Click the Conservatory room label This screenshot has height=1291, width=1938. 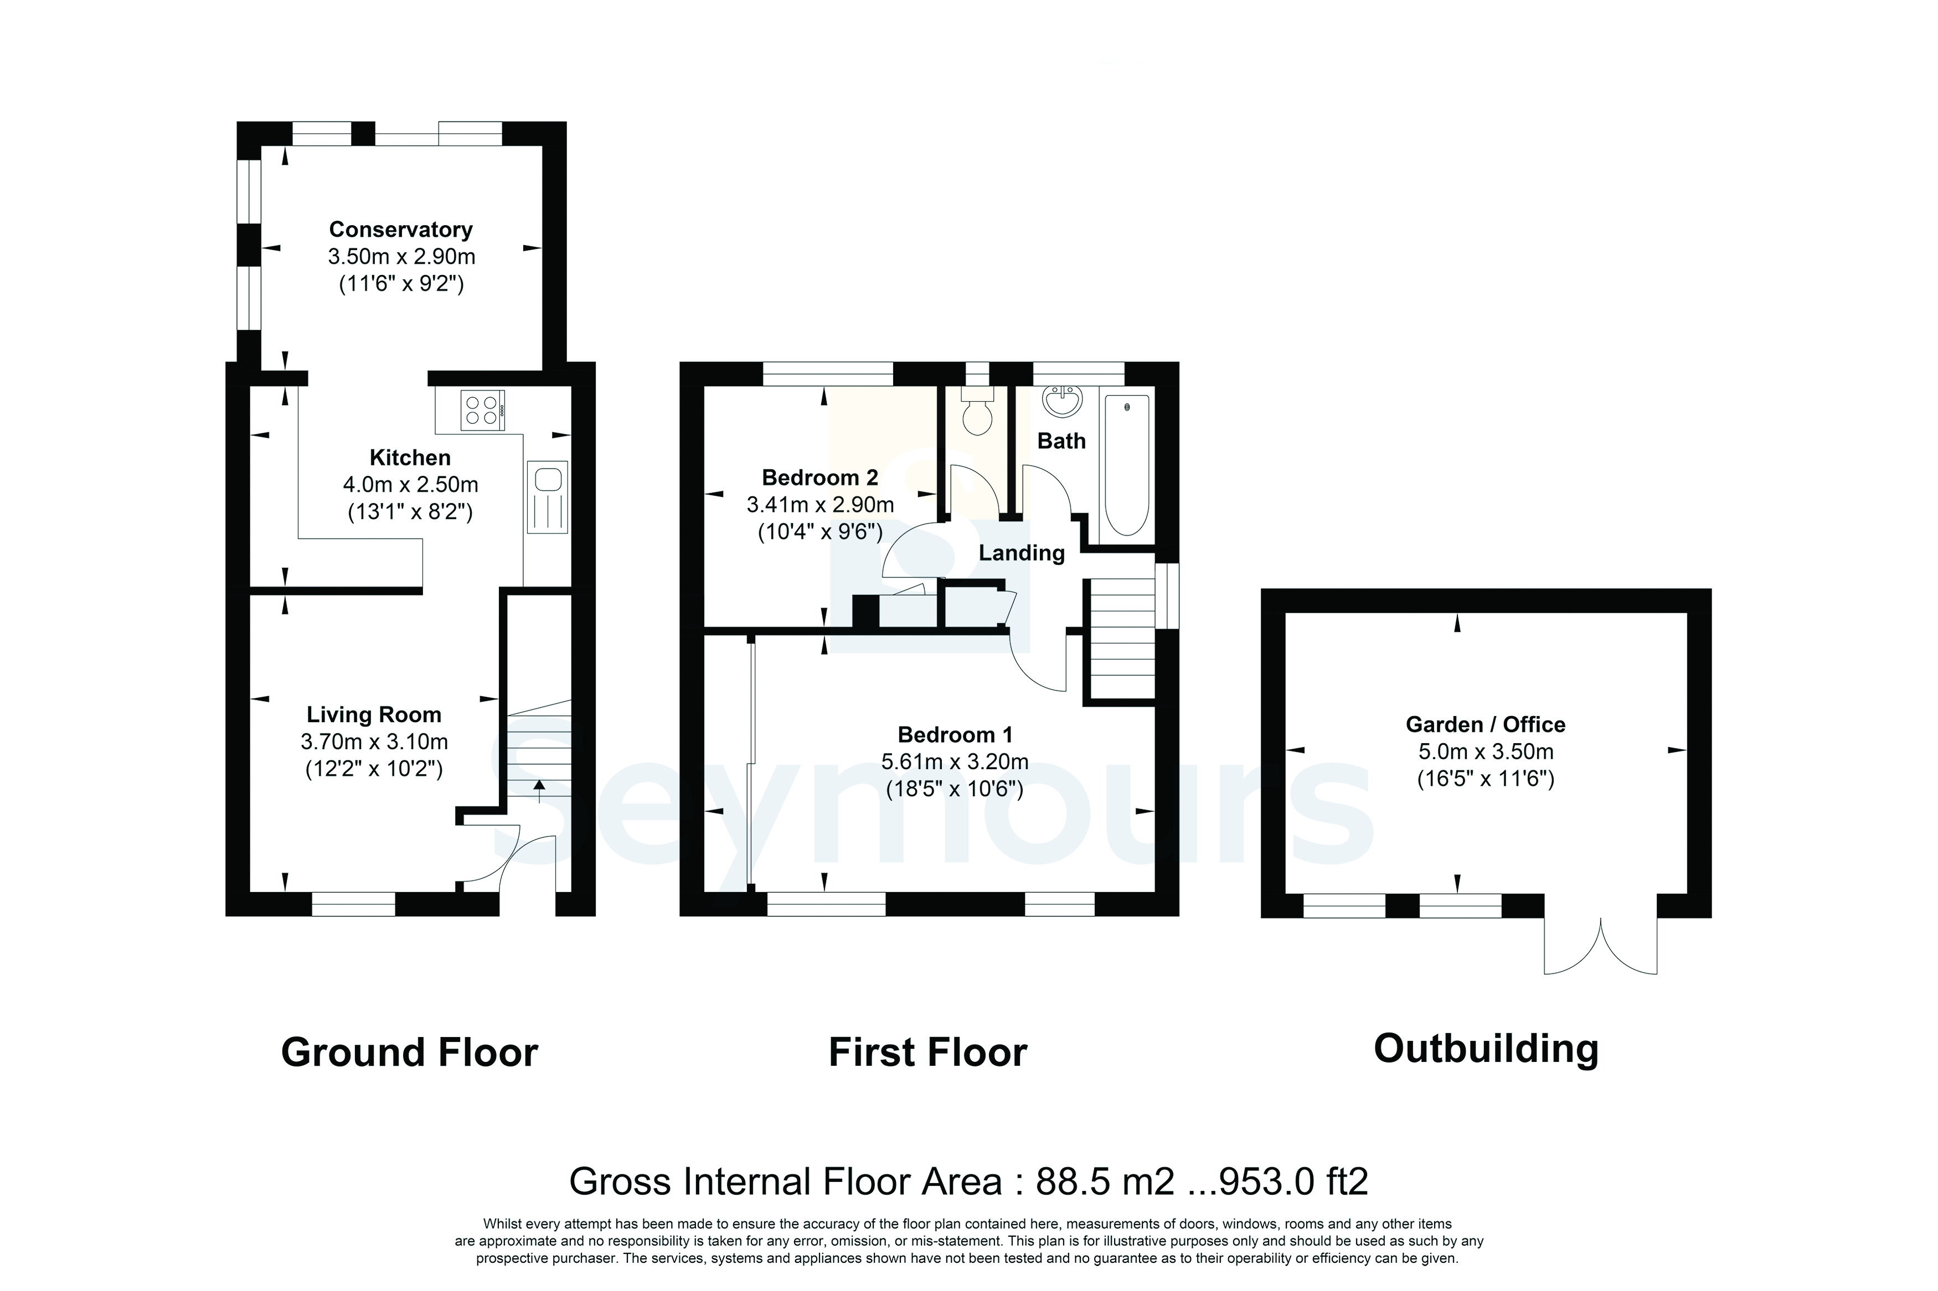[400, 230]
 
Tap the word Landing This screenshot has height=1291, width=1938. [1021, 552]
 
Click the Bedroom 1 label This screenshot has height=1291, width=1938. [955, 734]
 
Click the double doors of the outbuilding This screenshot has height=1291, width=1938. [1600, 945]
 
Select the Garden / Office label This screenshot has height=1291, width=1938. [1485, 724]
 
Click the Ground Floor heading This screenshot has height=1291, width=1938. [409, 1052]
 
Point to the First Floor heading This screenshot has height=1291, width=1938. [927, 1052]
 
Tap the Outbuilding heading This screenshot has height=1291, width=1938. [1486, 1050]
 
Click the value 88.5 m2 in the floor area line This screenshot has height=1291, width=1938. [1105, 1181]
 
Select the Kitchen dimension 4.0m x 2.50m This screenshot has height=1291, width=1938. [410, 485]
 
